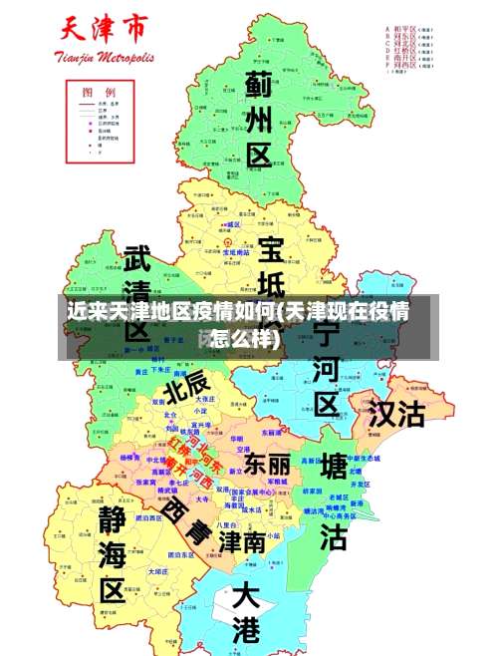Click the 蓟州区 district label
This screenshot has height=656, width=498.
click(x=258, y=119)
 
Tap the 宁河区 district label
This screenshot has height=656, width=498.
click(x=326, y=369)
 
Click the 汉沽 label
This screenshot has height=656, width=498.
click(x=396, y=413)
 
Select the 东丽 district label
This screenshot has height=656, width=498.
click(x=267, y=464)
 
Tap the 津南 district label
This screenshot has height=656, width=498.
click(x=242, y=539)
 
